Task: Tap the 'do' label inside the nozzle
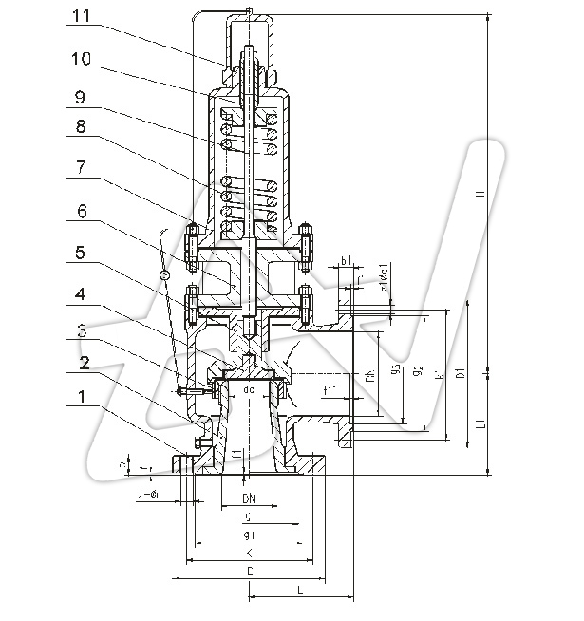(x=250, y=390)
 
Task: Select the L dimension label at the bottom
(x=300, y=591)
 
